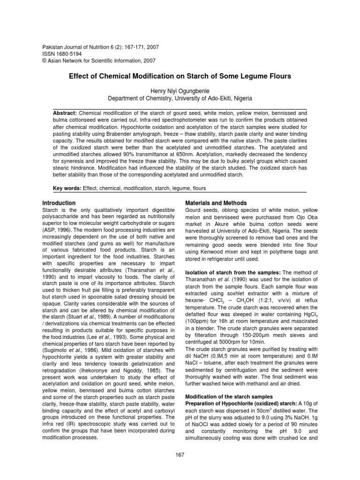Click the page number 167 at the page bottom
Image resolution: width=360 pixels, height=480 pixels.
[180, 455]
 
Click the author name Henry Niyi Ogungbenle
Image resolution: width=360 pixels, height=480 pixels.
[180, 91]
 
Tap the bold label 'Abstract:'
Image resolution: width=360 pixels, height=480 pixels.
[66, 113]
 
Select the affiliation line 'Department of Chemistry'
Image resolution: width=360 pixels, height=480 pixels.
[180, 98]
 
